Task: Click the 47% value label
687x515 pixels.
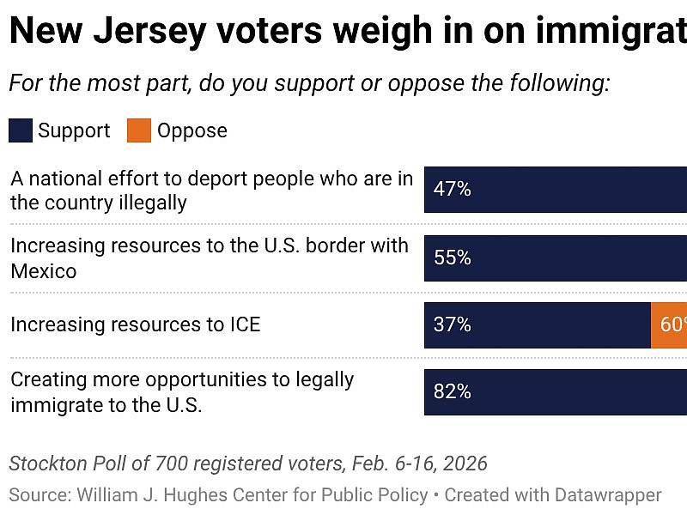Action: [453, 190]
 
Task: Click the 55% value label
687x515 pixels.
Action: [453, 257]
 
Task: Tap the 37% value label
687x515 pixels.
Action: [453, 325]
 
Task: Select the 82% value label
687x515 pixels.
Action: [453, 392]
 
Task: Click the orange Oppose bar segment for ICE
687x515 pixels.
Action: [669, 325]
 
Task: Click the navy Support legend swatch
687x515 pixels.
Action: [21, 130]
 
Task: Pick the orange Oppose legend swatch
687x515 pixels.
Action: [139, 130]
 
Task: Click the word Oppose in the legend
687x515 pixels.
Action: [192, 130]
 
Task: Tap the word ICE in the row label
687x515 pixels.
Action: [240, 324]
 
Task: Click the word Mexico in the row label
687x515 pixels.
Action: [44, 271]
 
